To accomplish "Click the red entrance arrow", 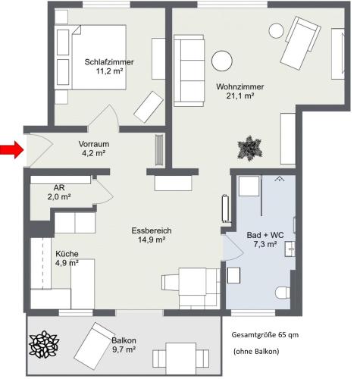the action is (11, 150).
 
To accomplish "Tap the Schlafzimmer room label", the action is (109, 62).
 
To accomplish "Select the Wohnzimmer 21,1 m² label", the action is (240, 91).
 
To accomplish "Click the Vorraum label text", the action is (94, 144).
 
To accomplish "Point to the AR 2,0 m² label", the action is (59, 192).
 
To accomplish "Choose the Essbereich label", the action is (152, 230).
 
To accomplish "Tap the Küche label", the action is (67, 254).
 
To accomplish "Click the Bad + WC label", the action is (265, 235).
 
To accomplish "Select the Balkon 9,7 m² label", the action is (124, 345).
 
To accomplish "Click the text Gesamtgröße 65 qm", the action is (265, 335).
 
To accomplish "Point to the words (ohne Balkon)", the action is (256, 352).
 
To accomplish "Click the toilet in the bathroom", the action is (283, 293).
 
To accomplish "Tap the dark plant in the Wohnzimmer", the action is (250, 149).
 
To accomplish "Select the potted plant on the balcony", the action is (44, 344).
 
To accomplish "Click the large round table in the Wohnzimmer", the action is (222, 61).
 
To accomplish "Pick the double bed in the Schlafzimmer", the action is (99, 57).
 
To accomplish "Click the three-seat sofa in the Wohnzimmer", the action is (189, 70).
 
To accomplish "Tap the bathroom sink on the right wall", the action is (290, 249).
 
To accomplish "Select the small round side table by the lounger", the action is (277, 31).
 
